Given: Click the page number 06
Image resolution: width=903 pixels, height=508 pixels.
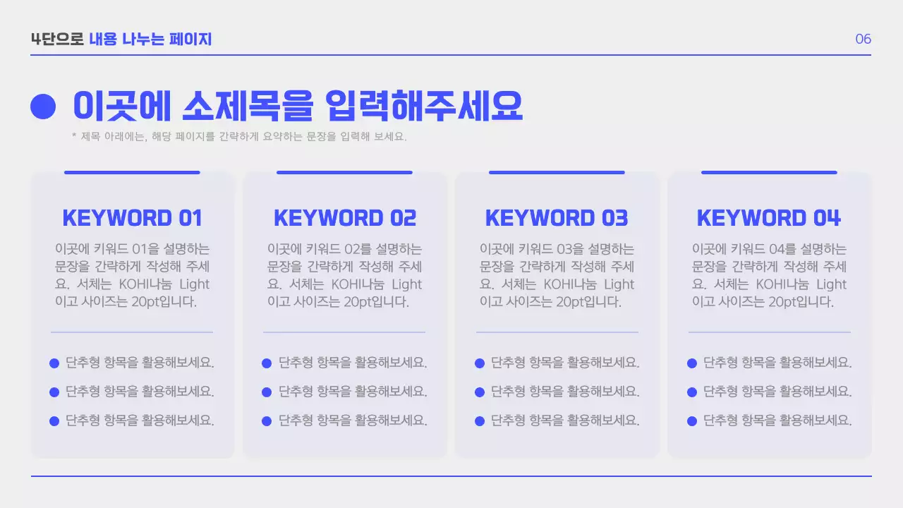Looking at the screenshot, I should tap(863, 39).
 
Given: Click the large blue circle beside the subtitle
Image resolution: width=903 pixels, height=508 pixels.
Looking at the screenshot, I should tap(43, 107).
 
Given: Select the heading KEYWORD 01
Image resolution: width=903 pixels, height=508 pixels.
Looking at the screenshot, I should tap(133, 218).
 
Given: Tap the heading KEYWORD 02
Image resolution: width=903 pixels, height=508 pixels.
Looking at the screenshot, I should tap(345, 218).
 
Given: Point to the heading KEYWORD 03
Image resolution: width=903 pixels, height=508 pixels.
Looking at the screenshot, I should tap(557, 218).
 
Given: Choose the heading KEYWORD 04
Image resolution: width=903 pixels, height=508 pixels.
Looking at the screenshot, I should tap(769, 218).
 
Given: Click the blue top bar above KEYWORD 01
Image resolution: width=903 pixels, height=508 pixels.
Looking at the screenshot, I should tap(132, 172).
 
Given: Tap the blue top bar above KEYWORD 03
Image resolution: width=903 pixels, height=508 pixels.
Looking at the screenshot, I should tap(557, 172).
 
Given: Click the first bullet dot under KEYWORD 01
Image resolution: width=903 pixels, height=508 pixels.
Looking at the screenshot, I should tap(54, 363).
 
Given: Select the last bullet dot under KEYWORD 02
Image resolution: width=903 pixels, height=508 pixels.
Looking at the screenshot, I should tap(267, 421).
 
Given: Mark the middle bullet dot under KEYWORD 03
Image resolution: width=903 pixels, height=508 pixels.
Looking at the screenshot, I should tap(480, 392).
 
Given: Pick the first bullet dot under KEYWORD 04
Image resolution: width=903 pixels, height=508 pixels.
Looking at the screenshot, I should tap(692, 363).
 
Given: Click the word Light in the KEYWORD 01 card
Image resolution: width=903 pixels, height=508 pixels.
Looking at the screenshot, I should tap(194, 284).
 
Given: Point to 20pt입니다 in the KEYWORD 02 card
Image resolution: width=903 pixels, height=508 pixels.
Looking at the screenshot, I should tap(377, 302).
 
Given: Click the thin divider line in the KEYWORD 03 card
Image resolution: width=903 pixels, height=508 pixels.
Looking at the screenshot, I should tap(557, 332).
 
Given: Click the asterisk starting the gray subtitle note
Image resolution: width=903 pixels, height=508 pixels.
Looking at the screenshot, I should tap(74, 135).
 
